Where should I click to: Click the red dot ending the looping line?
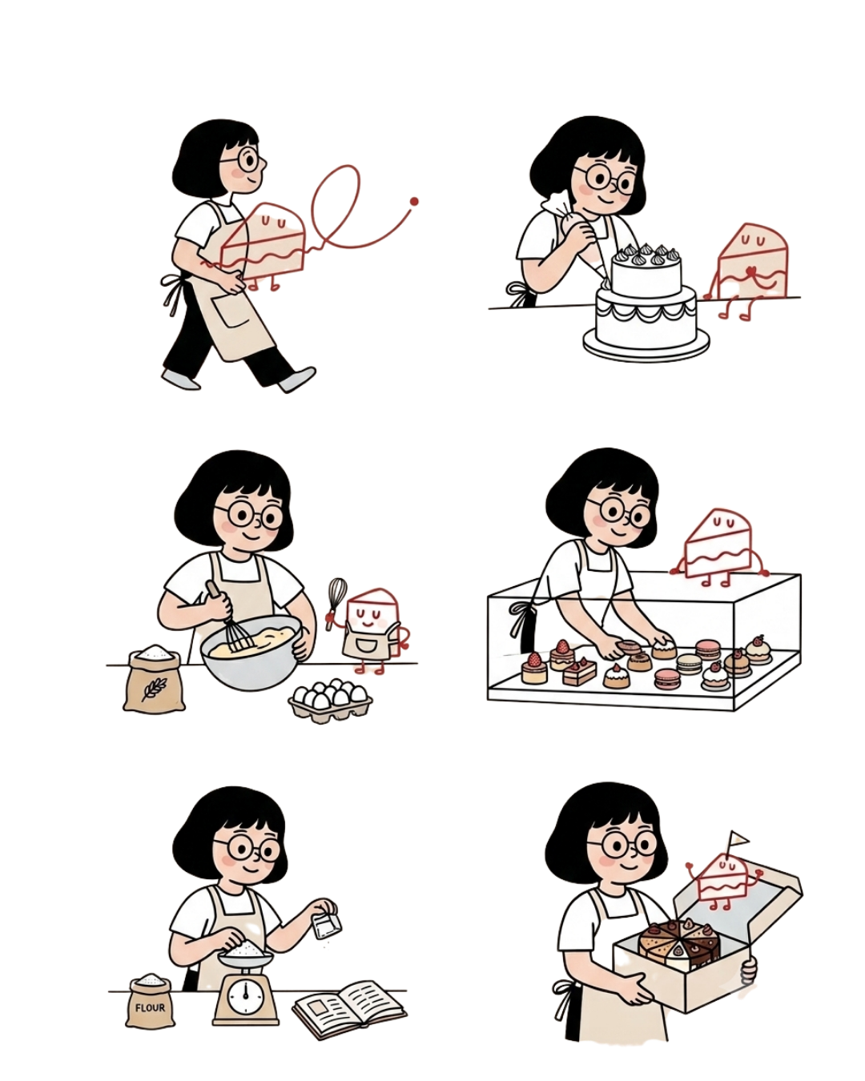point(414,202)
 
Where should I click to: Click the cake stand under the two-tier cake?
point(646,344)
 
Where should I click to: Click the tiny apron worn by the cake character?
point(369,642)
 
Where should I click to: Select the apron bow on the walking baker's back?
point(173,287)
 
